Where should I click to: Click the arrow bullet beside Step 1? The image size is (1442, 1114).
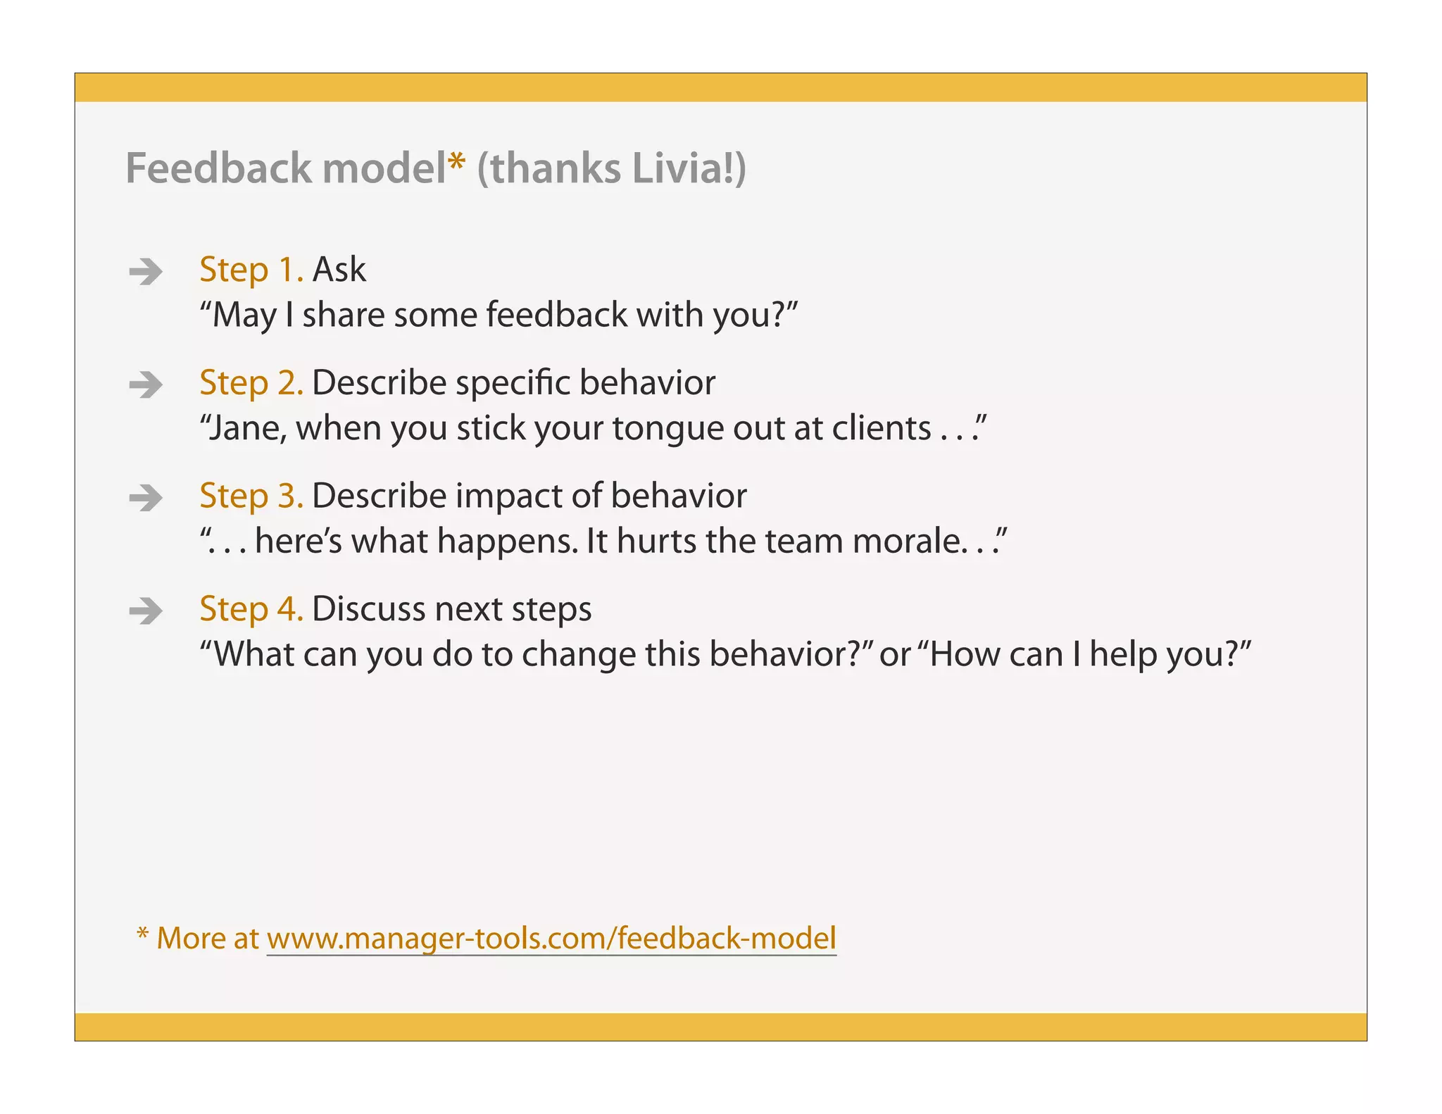[146, 271]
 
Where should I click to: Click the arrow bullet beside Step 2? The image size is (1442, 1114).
[146, 384]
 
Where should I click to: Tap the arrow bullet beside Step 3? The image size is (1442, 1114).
[146, 498]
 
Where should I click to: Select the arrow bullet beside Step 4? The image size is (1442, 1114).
[146, 611]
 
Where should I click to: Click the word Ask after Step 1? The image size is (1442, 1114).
[339, 270]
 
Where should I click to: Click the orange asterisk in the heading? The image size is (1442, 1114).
[456, 161]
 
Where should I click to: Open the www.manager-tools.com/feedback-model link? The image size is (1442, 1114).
[551, 938]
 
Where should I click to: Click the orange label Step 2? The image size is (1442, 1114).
[251, 384]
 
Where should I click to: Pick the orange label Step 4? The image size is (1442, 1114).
[251, 609]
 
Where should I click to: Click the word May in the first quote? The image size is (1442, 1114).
[244, 315]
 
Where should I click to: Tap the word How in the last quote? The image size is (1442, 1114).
[965, 654]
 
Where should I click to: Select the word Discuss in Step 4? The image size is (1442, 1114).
[368, 609]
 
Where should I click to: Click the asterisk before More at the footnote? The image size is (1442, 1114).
[142, 934]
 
